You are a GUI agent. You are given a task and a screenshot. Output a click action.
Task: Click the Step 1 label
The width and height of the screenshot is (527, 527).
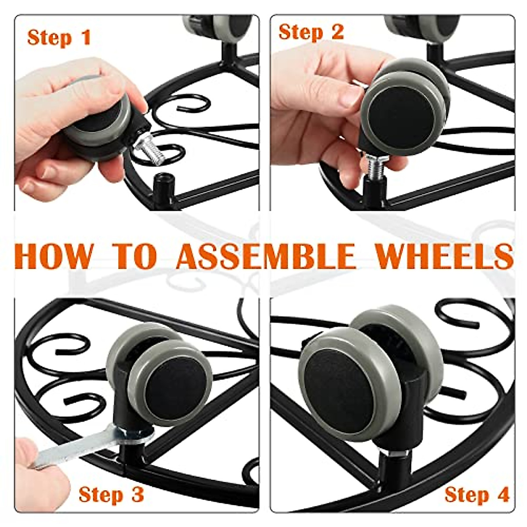coord(59,37)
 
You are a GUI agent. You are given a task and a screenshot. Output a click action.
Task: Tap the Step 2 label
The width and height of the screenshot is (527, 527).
coord(311,32)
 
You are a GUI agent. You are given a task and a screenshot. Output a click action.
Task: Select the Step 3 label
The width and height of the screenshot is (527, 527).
coord(111,495)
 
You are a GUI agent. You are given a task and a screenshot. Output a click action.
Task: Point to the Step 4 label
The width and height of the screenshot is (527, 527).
coord(477,495)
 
